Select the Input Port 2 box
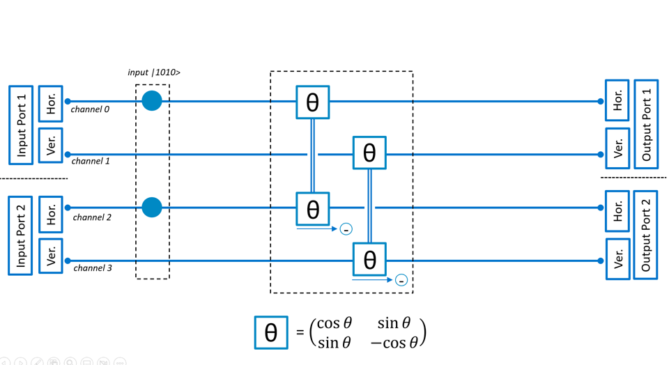click(x=20, y=235)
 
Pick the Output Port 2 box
click(x=645, y=235)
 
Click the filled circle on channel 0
click(x=152, y=101)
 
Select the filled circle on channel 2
click(x=152, y=208)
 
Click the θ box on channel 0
click(x=313, y=102)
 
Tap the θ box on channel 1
click(x=369, y=153)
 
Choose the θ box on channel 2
click(x=313, y=209)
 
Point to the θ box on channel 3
click(x=369, y=260)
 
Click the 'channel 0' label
click(x=90, y=109)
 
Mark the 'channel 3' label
click(x=93, y=268)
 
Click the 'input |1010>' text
click(x=154, y=72)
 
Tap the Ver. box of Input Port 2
click(x=51, y=256)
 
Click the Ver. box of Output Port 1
click(x=617, y=148)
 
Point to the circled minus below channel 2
click(x=346, y=229)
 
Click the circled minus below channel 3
click(x=401, y=280)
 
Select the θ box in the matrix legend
click(x=271, y=332)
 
